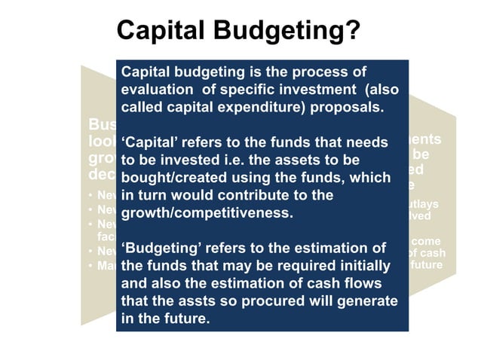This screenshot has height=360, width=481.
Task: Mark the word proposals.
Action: coord(351,107)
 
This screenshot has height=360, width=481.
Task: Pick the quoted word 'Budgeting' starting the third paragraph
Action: coord(159,248)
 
